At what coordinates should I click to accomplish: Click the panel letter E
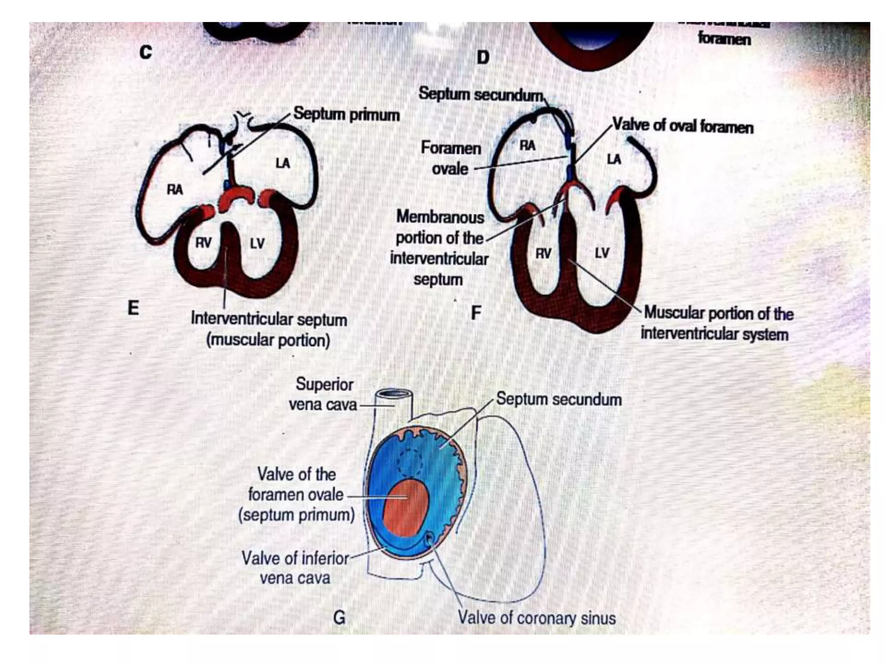(x=133, y=308)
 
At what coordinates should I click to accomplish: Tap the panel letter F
(x=476, y=313)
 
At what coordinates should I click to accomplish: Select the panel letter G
(x=339, y=617)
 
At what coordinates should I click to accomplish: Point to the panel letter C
(x=146, y=52)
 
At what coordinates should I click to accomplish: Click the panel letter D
(x=483, y=57)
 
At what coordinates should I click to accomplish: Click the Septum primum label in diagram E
(x=346, y=115)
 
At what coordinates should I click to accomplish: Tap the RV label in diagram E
(x=203, y=243)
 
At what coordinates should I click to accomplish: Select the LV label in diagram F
(x=602, y=253)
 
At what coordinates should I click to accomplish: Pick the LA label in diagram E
(x=283, y=163)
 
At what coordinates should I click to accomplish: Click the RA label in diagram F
(x=527, y=146)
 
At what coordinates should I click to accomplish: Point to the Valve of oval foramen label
(x=683, y=126)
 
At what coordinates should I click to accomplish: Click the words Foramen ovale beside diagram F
(x=451, y=158)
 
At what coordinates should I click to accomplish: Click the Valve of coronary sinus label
(x=537, y=618)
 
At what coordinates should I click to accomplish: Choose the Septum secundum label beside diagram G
(x=559, y=399)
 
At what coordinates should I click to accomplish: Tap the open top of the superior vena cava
(x=393, y=394)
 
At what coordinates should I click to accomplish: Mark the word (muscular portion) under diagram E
(x=268, y=340)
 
